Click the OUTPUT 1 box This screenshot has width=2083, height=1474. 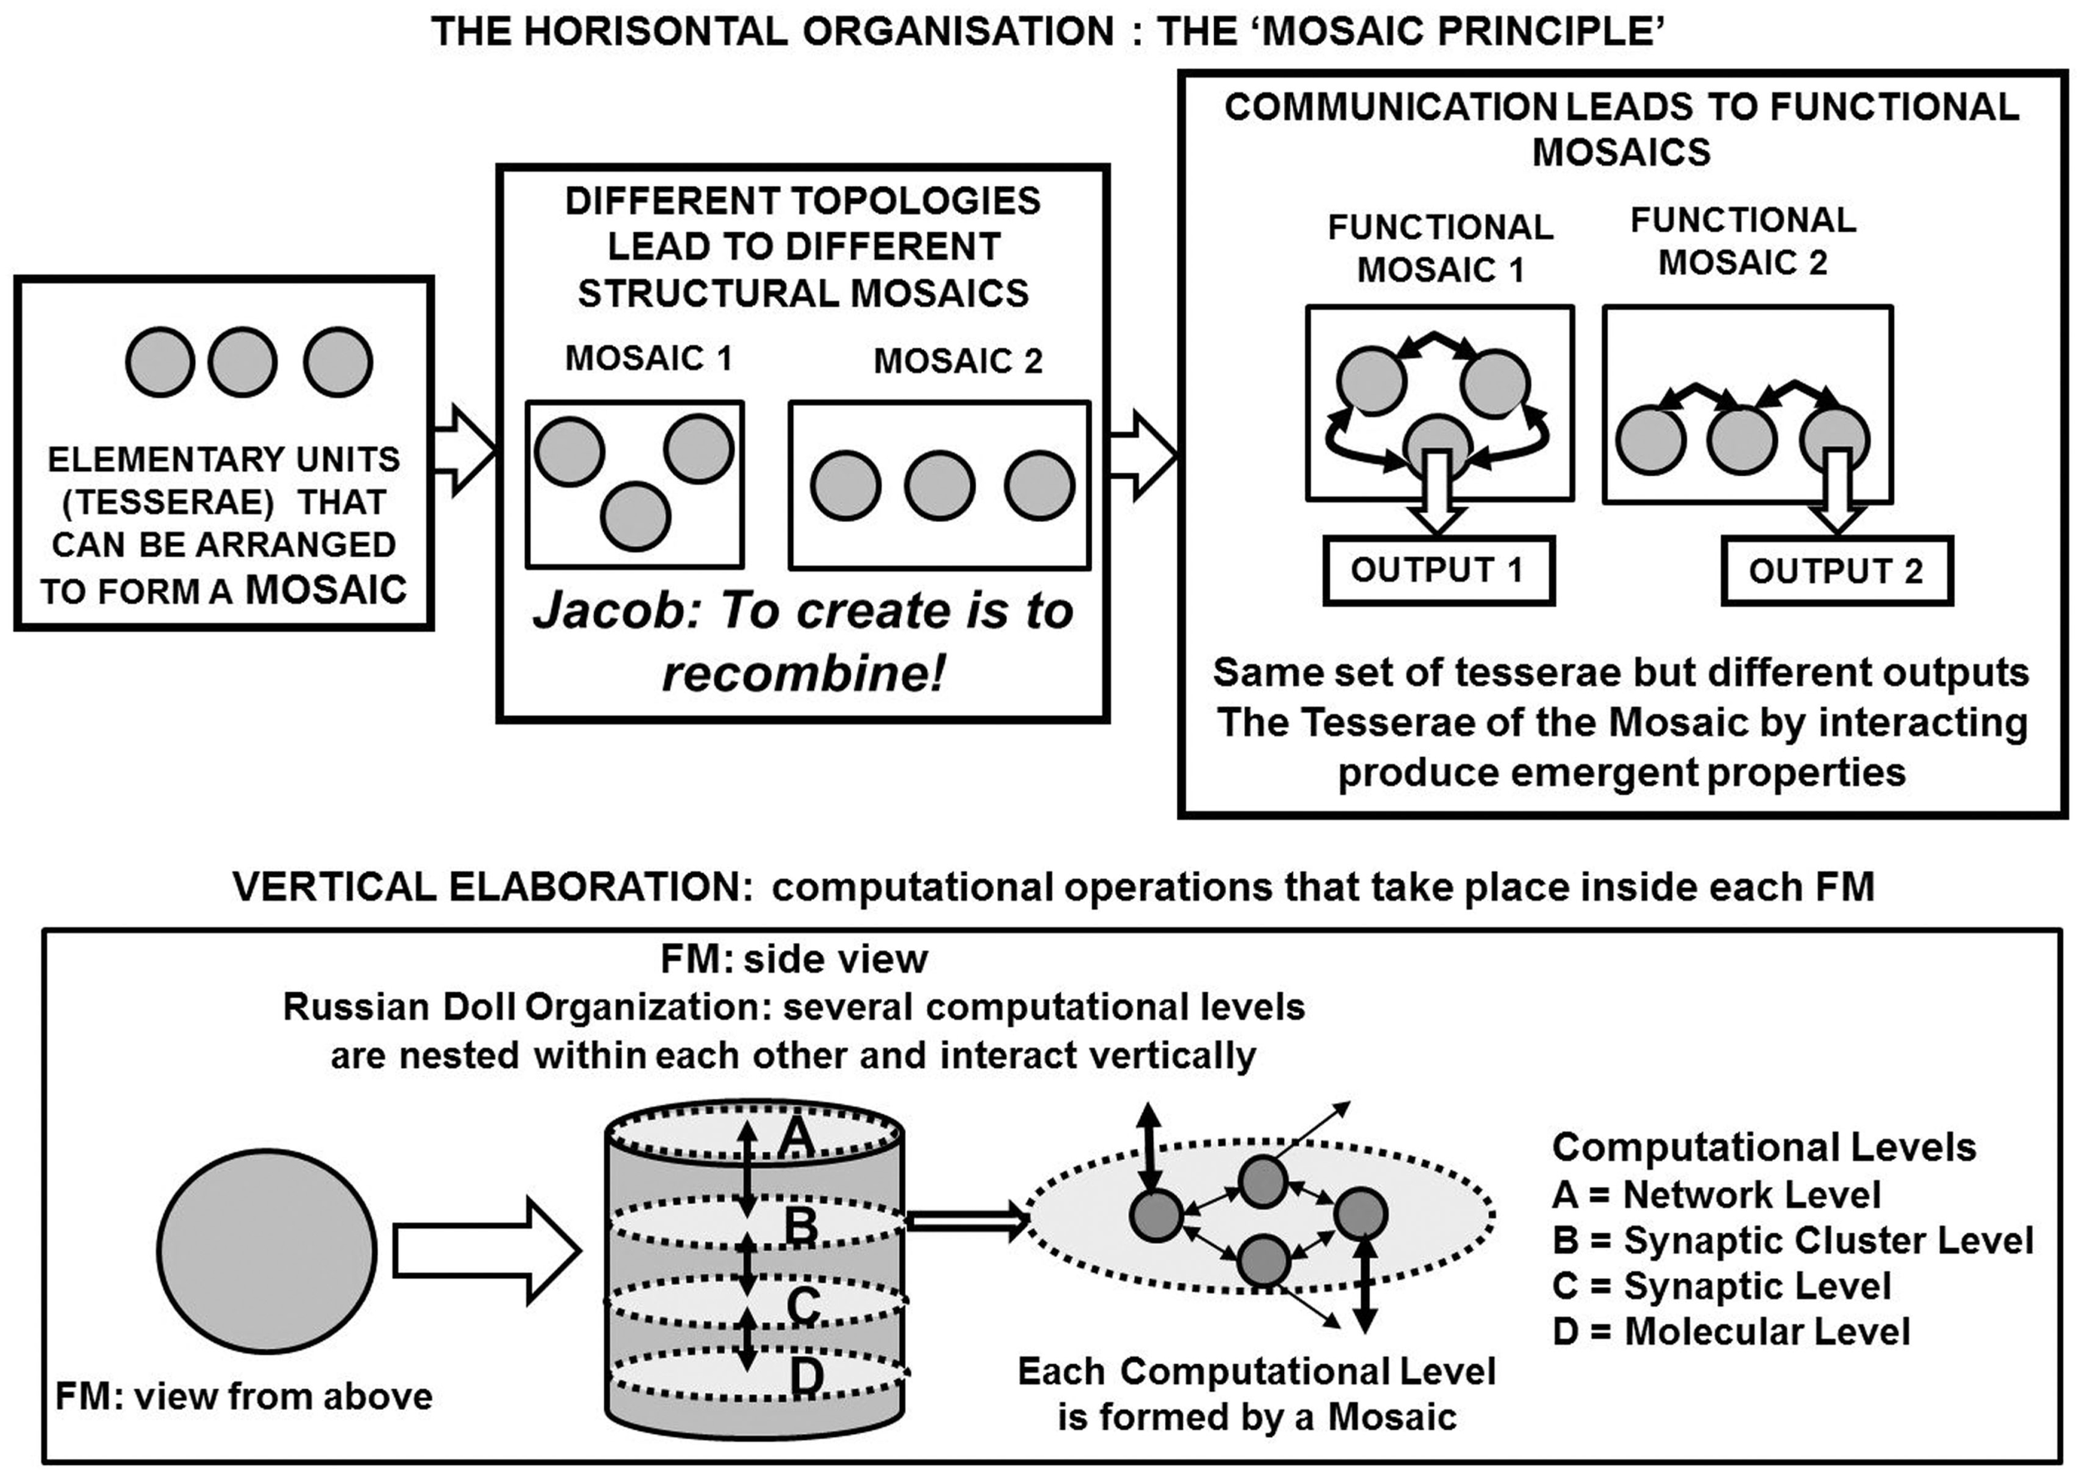1438,570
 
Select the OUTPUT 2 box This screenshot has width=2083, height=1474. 1836,571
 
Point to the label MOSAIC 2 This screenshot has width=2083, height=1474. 957,361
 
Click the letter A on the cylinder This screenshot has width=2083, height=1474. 796,1137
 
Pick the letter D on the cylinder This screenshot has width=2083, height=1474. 806,1376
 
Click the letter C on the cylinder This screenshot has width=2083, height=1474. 804,1306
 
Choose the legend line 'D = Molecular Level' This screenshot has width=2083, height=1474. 1731,1331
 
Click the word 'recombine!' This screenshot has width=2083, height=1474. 804,674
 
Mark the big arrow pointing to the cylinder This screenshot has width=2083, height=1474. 487,1251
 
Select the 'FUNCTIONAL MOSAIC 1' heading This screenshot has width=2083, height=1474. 1440,248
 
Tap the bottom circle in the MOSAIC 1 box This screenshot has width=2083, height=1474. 635,516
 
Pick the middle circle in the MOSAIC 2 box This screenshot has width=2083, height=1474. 940,485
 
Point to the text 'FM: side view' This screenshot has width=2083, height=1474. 794,960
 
